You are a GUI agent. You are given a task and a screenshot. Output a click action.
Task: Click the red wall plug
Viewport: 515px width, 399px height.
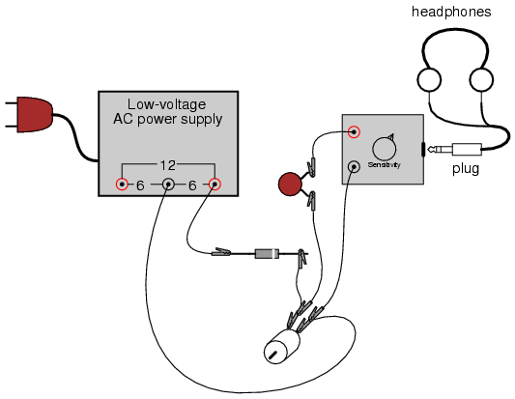[x=35, y=115]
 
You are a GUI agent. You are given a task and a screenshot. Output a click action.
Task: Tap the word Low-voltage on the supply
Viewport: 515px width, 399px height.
[x=166, y=104]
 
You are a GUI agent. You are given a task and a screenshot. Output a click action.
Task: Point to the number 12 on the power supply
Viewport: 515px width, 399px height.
[x=168, y=165]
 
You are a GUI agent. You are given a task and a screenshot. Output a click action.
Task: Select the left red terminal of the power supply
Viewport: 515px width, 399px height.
[x=122, y=184]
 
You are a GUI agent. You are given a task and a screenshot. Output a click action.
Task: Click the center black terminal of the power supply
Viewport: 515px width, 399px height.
[x=168, y=185]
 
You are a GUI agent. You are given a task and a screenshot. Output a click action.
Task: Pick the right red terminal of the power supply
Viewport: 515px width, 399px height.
[x=215, y=185]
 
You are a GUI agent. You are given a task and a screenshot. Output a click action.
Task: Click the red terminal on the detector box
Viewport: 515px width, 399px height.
[x=354, y=132]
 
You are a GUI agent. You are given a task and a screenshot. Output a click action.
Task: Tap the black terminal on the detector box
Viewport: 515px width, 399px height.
[x=354, y=167]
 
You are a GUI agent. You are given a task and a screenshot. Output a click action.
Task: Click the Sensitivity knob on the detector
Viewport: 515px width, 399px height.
[x=384, y=149]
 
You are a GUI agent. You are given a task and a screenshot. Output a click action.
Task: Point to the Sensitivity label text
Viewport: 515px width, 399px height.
[x=384, y=164]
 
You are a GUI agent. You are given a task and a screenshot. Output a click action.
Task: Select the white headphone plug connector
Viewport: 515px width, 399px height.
[x=454, y=150]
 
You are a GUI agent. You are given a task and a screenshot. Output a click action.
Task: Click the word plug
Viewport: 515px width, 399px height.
[x=466, y=169]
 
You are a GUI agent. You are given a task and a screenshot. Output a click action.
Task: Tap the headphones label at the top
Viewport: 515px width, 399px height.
[x=451, y=12]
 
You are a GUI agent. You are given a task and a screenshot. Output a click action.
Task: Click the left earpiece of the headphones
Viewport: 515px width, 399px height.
[x=429, y=80]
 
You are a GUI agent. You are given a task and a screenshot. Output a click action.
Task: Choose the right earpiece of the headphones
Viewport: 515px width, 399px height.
[x=481, y=80]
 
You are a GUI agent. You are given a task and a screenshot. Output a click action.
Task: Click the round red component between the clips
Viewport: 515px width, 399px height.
[x=290, y=184]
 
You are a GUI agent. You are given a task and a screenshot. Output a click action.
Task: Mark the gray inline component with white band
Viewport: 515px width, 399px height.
[x=267, y=253]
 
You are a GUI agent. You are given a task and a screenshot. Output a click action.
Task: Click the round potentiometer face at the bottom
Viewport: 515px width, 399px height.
[x=275, y=352]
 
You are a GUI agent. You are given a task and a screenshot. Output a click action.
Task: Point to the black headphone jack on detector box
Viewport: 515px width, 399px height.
[x=423, y=150]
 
